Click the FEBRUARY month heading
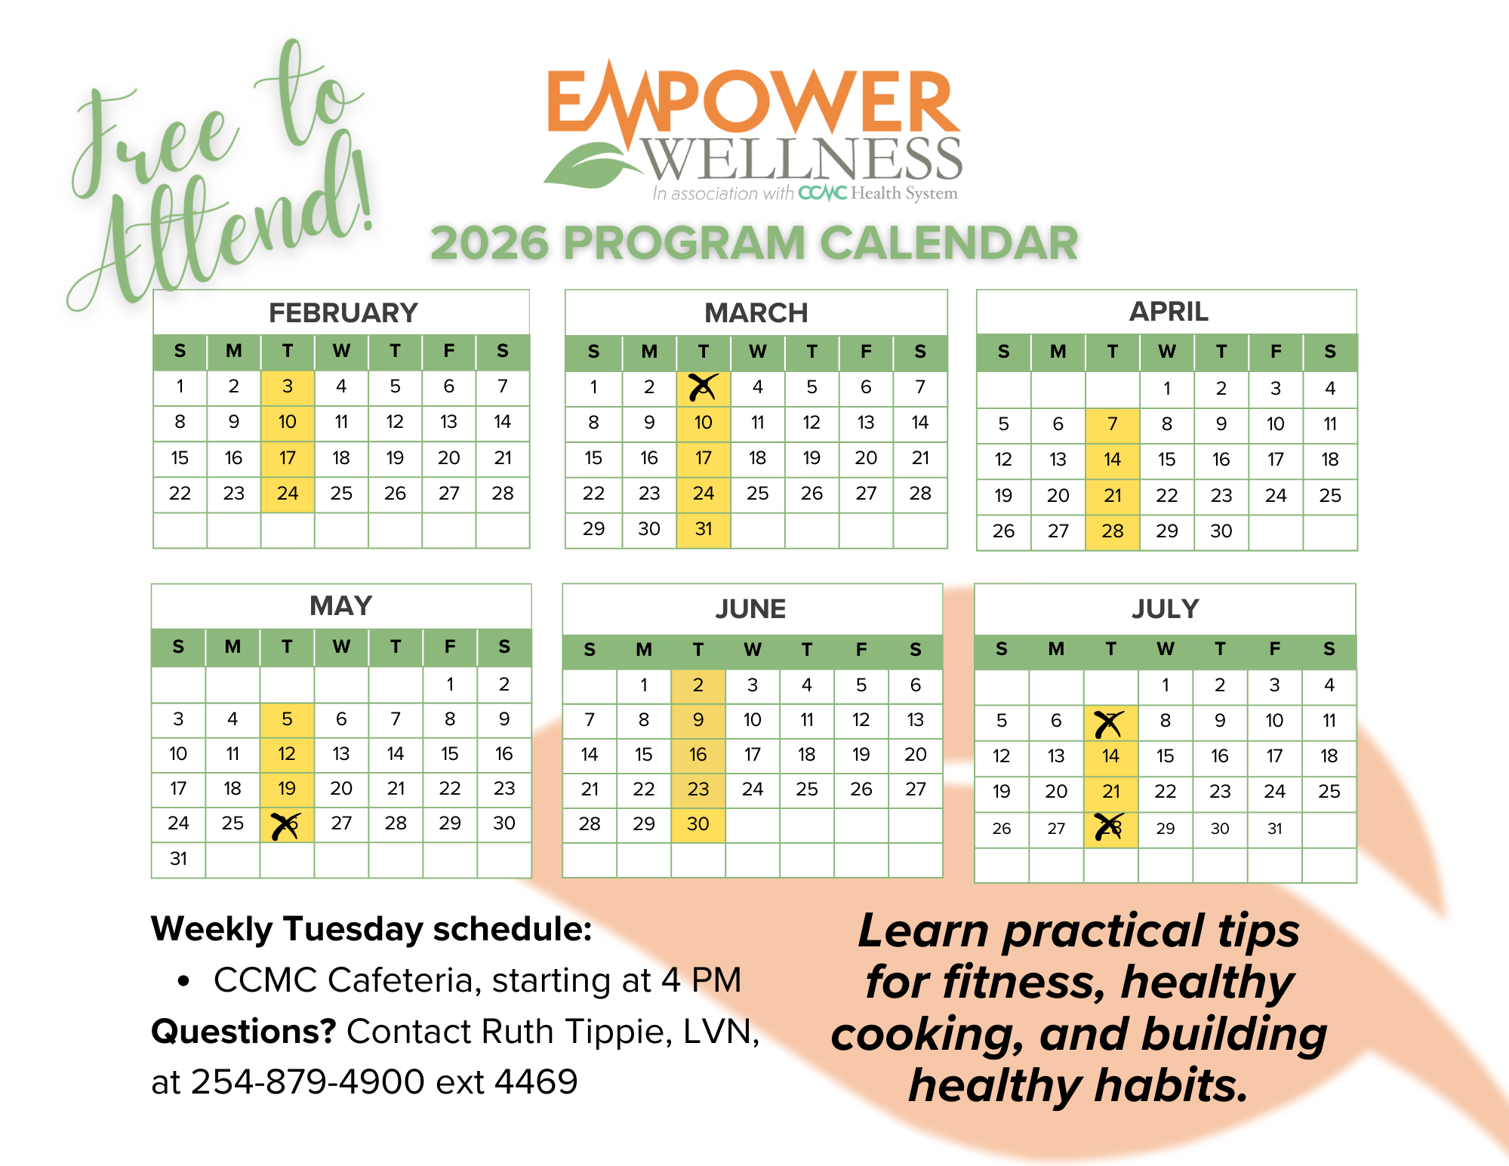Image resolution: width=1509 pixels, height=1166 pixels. (343, 312)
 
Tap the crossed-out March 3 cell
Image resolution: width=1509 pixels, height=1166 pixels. (704, 388)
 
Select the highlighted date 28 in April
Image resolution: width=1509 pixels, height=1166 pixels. (1112, 531)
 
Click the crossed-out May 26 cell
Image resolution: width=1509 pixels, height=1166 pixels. (287, 825)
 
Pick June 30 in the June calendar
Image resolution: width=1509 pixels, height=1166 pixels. (698, 824)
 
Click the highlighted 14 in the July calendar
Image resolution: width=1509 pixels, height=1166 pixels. (1110, 756)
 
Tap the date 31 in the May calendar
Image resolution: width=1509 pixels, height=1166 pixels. (178, 859)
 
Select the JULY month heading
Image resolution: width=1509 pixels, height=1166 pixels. (1165, 608)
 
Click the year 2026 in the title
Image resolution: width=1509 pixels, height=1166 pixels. (489, 243)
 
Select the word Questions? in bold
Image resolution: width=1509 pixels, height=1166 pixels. (243, 1032)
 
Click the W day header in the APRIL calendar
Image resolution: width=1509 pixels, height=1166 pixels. (1167, 352)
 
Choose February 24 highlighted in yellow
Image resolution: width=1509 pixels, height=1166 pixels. (288, 494)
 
